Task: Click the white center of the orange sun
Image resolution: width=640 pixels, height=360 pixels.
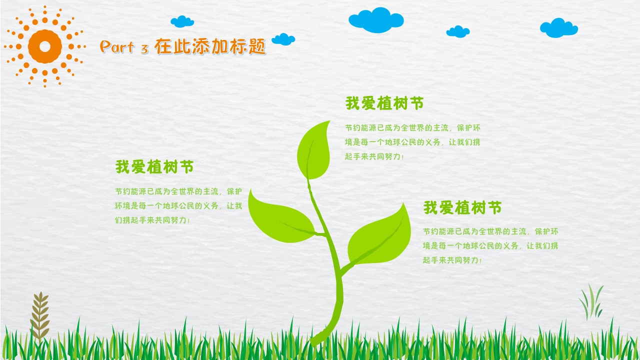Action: click(45, 46)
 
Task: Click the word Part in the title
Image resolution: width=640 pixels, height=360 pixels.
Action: click(117, 47)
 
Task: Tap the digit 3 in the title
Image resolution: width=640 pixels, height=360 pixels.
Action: click(144, 49)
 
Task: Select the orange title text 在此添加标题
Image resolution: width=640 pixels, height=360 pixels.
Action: click(210, 46)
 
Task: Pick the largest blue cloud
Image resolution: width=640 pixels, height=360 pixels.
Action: click(376, 20)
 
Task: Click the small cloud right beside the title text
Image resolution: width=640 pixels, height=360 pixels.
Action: click(283, 39)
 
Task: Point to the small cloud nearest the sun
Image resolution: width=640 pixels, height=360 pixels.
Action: click(182, 21)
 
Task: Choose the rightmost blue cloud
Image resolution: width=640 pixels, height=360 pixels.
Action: click(558, 28)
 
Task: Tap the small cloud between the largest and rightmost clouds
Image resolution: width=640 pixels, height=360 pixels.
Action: click(457, 31)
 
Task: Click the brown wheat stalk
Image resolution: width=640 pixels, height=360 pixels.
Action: click(40, 315)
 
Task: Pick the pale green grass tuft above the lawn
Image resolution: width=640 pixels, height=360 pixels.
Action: click(591, 301)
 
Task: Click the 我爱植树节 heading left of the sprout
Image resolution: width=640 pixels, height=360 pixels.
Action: click(154, 167)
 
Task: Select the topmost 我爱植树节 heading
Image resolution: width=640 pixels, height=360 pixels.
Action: click(384, 103)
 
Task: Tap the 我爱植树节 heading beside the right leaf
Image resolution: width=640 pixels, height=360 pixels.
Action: click(462, 207)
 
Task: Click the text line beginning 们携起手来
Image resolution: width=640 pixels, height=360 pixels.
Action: click(152, 220)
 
